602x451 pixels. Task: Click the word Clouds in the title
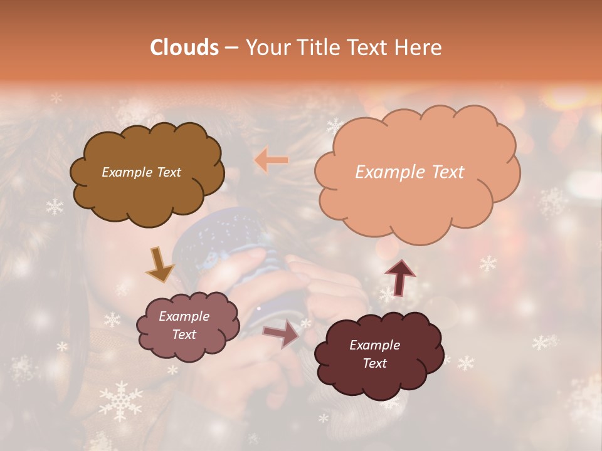(x=184, y=48)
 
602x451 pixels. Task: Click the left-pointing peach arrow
(x=272, y=160)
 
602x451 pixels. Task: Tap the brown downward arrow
(x=160, y=264)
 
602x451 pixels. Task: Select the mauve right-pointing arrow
(x=281, y=333)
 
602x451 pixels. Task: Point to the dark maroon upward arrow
(x=400, y=277)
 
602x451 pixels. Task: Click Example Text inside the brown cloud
(x=141, y=172)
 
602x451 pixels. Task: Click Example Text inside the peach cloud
(x=409, y=172)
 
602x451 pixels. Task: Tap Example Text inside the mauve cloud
(x=184, y=326)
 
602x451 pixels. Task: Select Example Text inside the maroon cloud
(x=374, y=354)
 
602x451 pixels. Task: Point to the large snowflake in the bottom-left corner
(x=120, y=402)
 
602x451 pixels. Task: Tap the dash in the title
(x=231, y=48)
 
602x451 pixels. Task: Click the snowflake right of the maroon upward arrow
(x=488, y=264)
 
